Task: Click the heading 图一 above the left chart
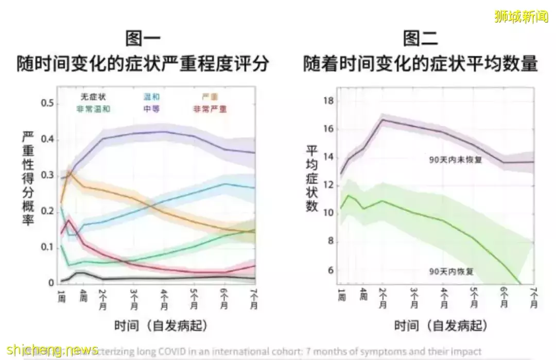[143, 39]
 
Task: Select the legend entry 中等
[151, 109]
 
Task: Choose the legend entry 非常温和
[94, 109]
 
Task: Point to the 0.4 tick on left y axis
[48, 140]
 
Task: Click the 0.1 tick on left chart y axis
[48, 248]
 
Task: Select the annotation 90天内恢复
[451, 270]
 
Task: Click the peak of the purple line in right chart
[383, 119]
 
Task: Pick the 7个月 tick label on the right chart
[533, 297]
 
